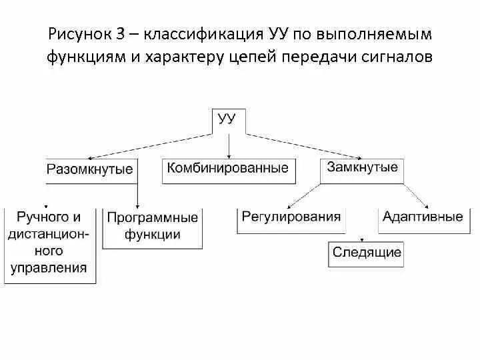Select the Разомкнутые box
[x=90, y=169]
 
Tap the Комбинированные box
[x=227, y=169]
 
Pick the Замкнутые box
[x=362, y=167]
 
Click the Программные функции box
[x=153, y=227]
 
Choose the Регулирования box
[x=291, y=217]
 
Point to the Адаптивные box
[x=423, y=217]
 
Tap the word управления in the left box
[x=49, y=268]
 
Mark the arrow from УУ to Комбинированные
[x=229, y=145]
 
